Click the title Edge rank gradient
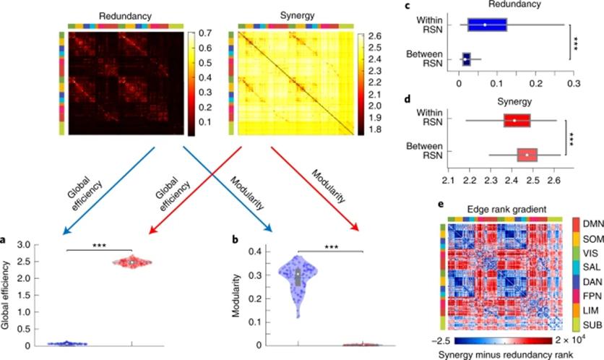505,208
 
